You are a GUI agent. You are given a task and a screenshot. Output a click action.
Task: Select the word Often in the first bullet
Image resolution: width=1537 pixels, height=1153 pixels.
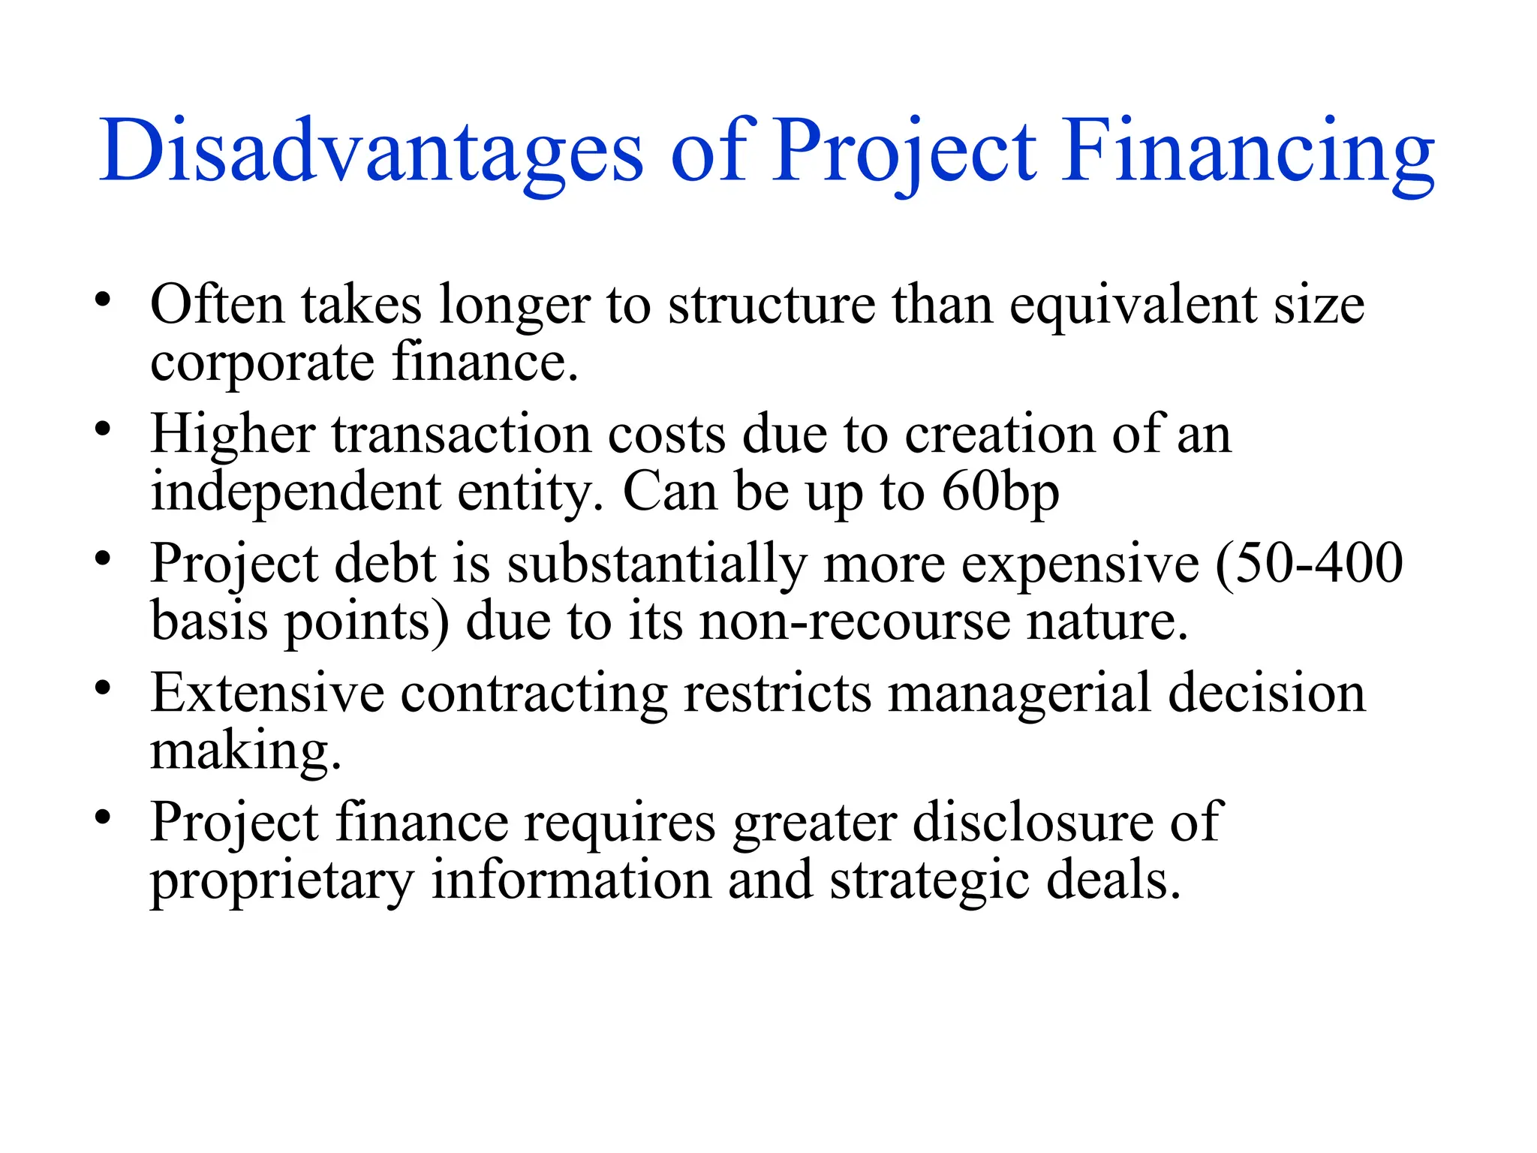(218, 305)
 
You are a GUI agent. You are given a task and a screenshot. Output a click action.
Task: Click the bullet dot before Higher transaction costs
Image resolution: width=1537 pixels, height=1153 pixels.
(103, 429)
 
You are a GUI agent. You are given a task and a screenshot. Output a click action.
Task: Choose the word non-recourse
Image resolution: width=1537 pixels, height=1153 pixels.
(855, 622)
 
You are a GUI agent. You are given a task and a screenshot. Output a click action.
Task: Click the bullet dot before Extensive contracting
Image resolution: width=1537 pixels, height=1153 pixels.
(103, 688)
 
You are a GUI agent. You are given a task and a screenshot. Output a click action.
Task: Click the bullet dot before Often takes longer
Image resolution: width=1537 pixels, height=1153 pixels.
(103, 300)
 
